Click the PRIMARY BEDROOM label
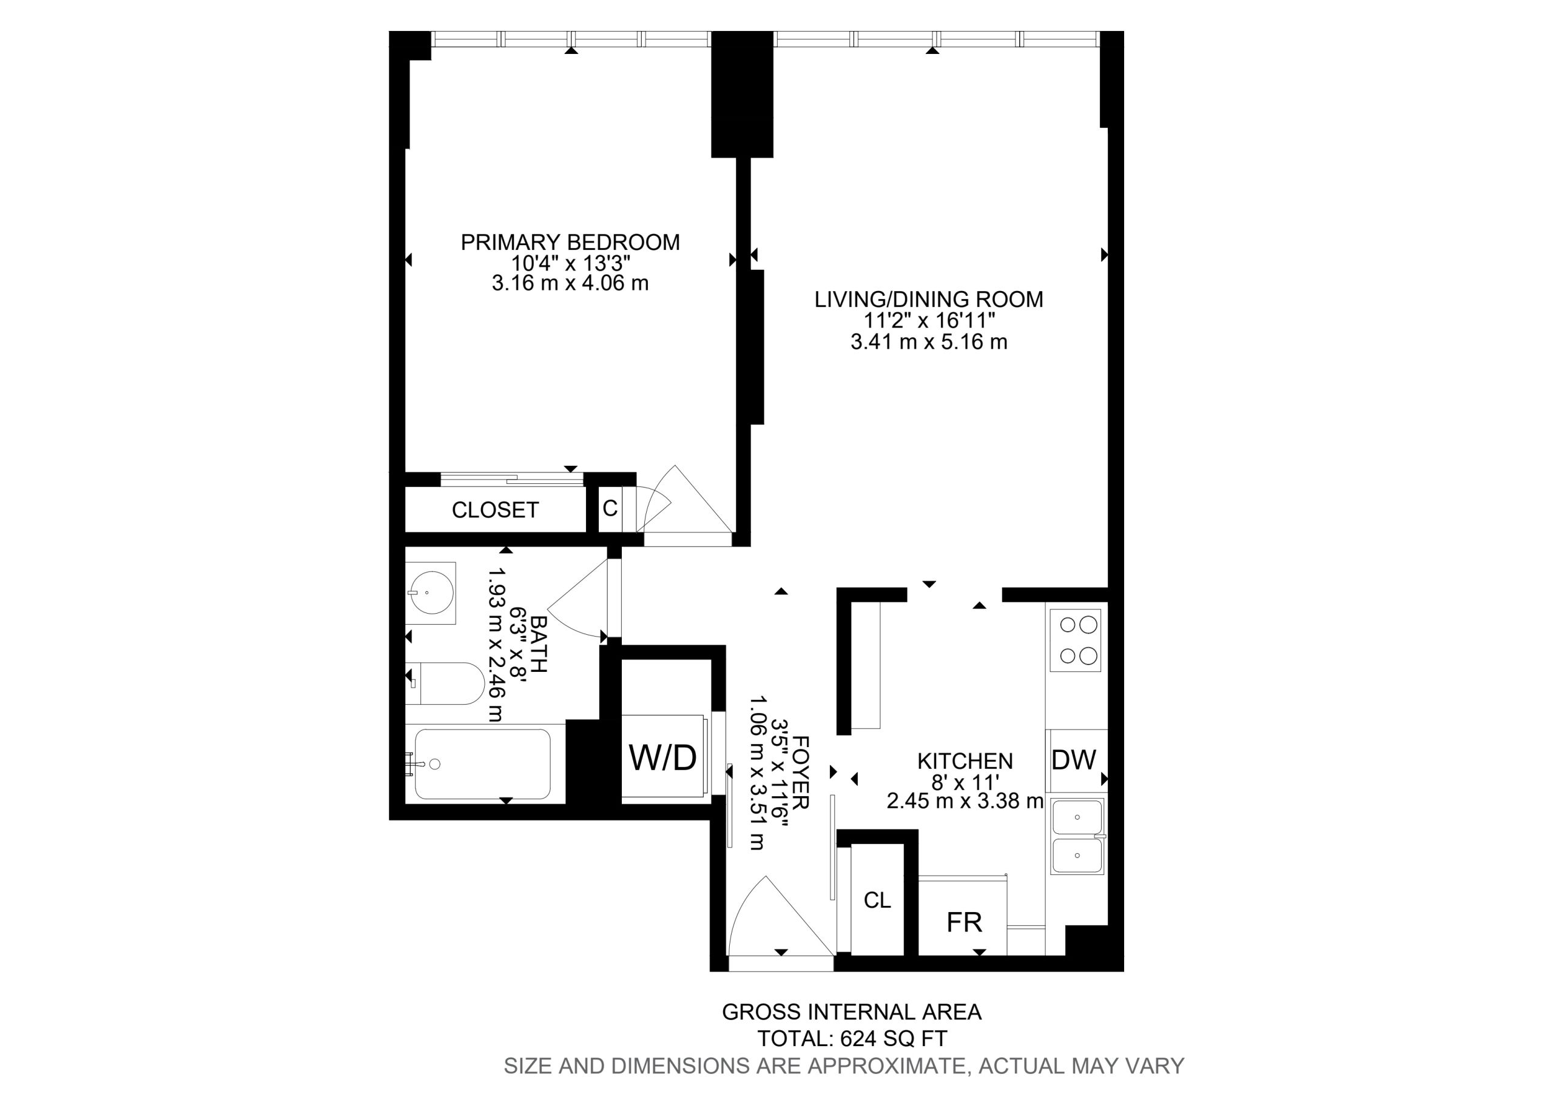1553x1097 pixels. click(x=570, y=242)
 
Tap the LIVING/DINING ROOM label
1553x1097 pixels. click(x=929, y=299)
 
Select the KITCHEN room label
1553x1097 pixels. click(x=965, y=761)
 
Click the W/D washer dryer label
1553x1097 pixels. click(x=662, y=757)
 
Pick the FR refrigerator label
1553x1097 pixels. click(x=965, y=922)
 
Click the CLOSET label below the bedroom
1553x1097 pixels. click(x=495, y=510)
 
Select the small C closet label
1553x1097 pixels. click(x=610, y=509)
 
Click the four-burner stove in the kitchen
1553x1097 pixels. click(x=1074, y=640)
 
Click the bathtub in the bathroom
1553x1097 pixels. click(x=482, y=764)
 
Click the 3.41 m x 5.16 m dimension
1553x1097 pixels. click(x=929, y=342)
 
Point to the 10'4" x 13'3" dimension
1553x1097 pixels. click(x=570, y=263)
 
